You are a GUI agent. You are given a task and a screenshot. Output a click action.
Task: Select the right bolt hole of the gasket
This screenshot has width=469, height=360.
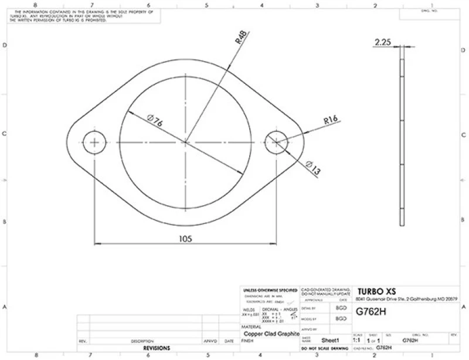point(276,142)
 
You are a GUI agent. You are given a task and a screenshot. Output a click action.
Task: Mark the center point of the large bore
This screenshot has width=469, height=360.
point(185,142)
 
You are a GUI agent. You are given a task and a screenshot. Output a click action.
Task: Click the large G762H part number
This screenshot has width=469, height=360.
point(371,312)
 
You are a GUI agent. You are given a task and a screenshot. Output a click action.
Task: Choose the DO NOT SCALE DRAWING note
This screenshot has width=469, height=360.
point(324,348)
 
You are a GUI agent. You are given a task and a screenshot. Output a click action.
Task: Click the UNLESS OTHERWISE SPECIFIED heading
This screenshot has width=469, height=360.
point(270,290)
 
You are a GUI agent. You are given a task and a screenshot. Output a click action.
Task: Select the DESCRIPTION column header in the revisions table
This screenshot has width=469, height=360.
point(142,340)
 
